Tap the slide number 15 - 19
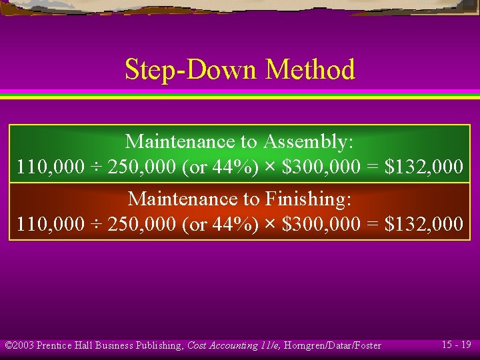(x=456, y=345)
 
